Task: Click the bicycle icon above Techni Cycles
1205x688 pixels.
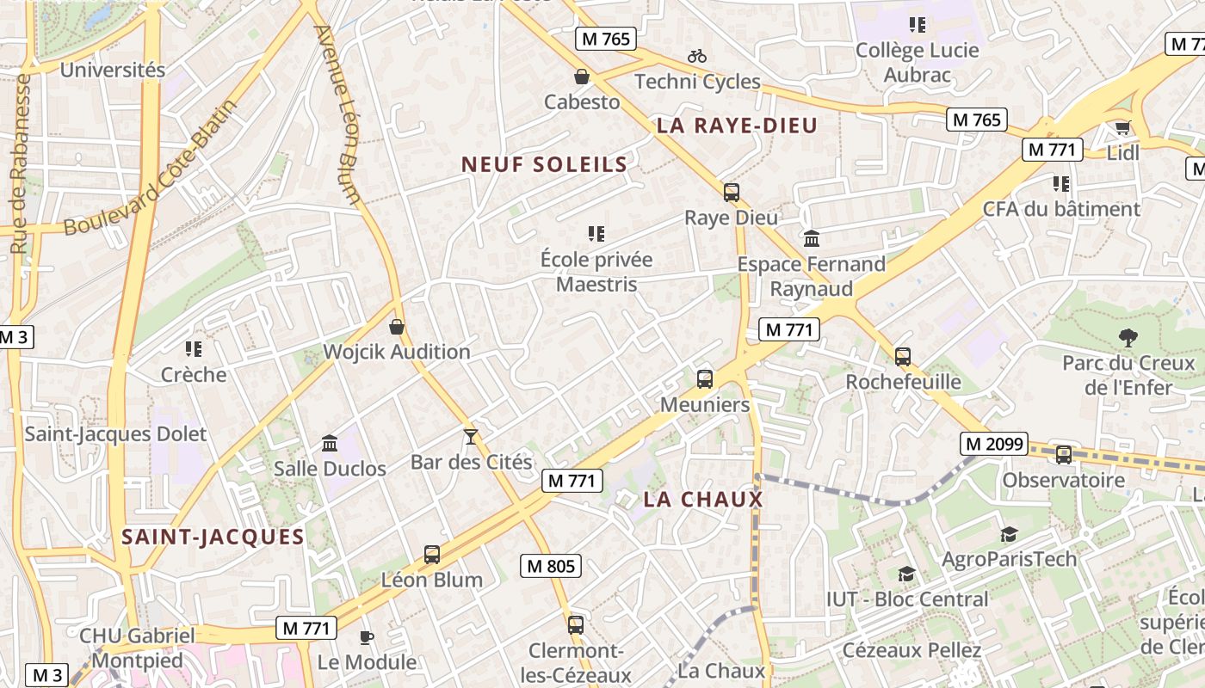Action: (x=697, y=56)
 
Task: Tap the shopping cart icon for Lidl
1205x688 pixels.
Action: (x=1122, y=128)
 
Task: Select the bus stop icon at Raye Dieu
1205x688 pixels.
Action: (x=731, y=193)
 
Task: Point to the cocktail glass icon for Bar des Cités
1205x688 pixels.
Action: (x=470, y=437)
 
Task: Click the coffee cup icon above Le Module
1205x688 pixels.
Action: (x=367, y=637)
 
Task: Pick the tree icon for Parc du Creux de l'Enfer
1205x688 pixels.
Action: (x=1128, y=338)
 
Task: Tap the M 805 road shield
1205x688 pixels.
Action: (x=551, y=566)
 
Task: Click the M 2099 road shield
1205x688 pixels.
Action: (x=994, y=444)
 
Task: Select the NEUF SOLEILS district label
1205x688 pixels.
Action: (x=544, y=164)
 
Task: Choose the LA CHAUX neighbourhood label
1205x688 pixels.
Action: (x=703, y=500)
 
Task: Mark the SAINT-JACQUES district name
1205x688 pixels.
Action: (x=213, y=537)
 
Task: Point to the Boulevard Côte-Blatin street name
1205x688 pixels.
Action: (x=151, y=168)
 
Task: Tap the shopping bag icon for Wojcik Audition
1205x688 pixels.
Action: (x=397, y=327)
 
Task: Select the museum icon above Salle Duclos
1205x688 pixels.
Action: (x=329, y=444)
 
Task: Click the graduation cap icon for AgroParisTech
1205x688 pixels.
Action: (x=1009, y=535)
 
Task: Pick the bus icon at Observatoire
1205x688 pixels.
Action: (x=1064, y=455)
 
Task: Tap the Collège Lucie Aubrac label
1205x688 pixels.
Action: (x=918, y=62)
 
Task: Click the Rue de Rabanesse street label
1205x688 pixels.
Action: (x=22, y=163)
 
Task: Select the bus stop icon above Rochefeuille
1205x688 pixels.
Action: (x=902, y=356)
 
